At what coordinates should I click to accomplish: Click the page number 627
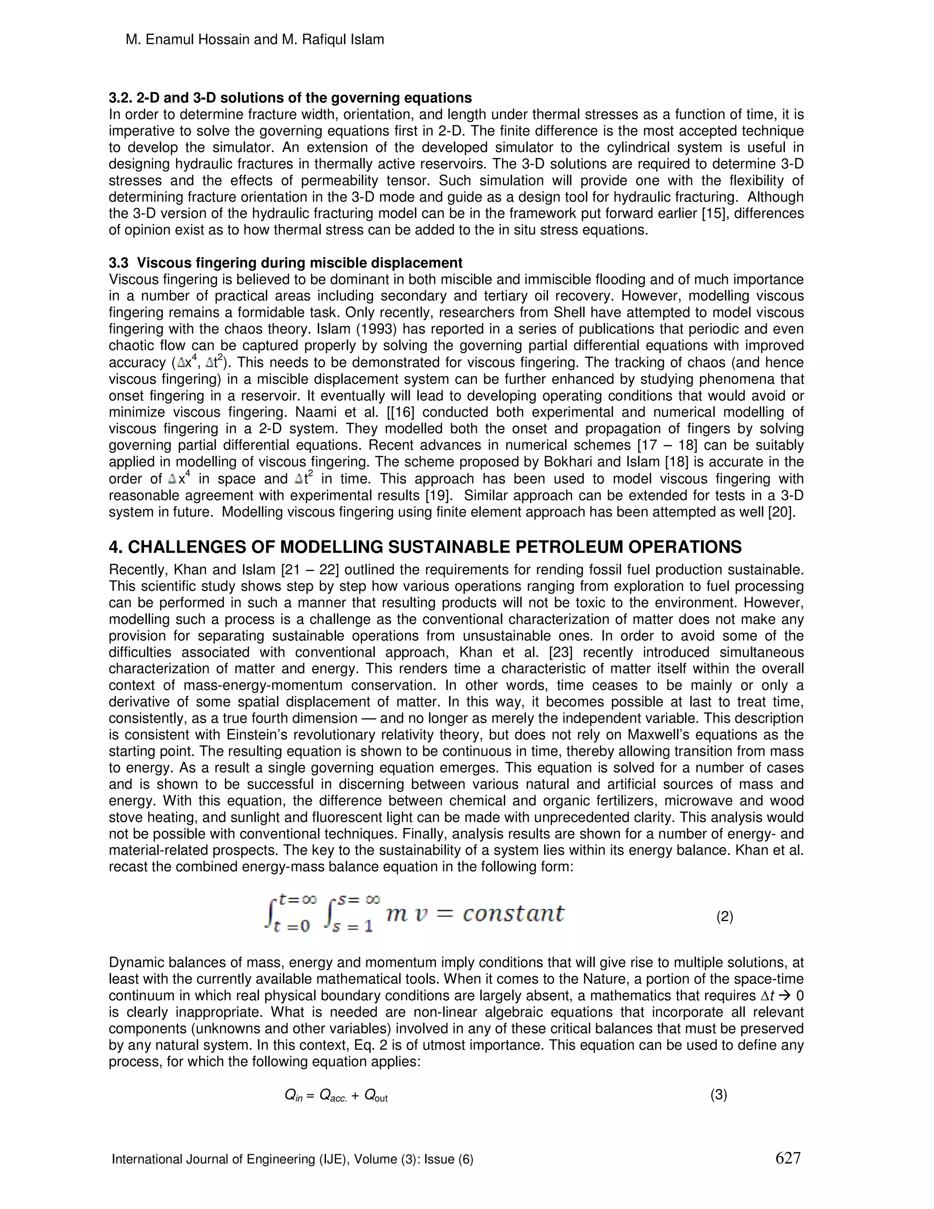click(x=788, y=1157)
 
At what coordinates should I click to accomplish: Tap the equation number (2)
click(x=724, y=917)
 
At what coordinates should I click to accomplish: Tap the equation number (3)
click(x=718, y=1094)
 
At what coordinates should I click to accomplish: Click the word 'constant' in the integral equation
click(x=513, y=913)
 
